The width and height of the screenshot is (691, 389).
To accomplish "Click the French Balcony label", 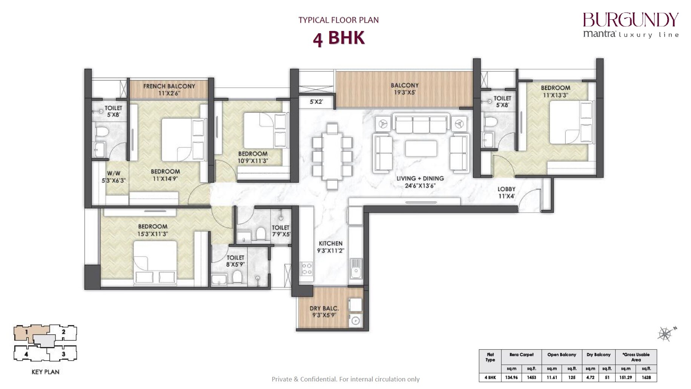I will [x=169, y=86].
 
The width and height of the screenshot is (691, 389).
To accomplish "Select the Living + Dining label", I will [x=420, y=178].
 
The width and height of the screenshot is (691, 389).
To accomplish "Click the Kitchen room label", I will [x=330, y=244].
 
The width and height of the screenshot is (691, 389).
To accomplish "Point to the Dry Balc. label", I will [x=324, y=309].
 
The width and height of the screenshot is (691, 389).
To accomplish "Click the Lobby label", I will [x=506, y=189].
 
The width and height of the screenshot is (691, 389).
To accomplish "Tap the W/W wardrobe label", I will [x=114, y=174].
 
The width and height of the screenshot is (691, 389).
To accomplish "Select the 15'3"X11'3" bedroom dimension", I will [x=153, y=234].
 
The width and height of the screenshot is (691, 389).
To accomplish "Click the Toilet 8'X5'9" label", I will [x=235, y=261].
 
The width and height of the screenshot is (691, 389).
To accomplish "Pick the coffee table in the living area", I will [x=421, y=148].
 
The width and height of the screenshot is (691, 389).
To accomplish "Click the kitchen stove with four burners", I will [x=306, y=269].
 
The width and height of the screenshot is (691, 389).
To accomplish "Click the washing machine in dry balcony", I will [x=355, y=321].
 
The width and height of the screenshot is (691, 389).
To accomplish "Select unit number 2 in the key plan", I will [x=63, y=332].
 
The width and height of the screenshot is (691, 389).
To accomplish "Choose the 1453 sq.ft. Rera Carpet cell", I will [x=531, y=377].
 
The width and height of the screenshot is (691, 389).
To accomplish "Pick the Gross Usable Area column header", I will [x=636, y=357].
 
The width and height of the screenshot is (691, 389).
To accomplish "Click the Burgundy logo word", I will [x=630, y=20].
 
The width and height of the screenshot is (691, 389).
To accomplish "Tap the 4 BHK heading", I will [x=338, y=39].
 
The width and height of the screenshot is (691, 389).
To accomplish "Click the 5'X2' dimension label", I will [x=316, y=102].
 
